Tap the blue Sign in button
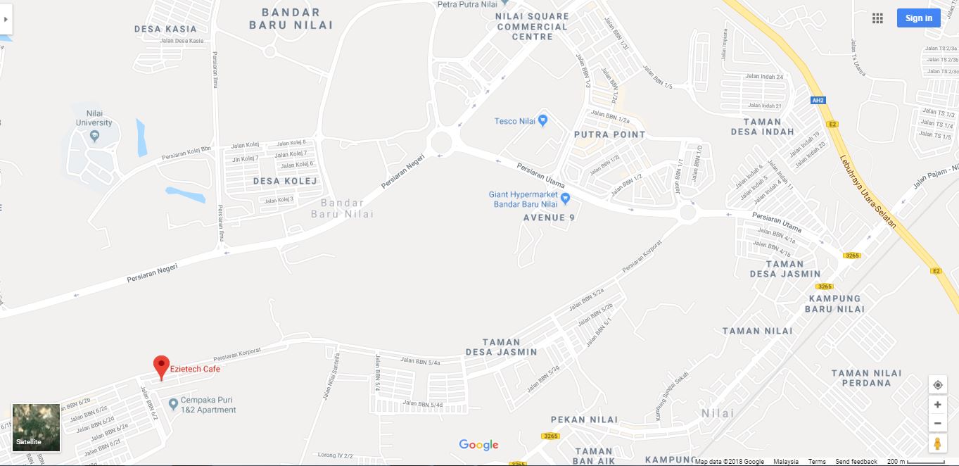pyautogui.click(x=918, y=18)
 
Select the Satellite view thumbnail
pyautogui.click(x=37, y=427)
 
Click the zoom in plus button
pyautogui.click(x=937, y=405)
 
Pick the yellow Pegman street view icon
pyautogui.click(x=937, y=443)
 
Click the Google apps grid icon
pyautogui.click(x=877, y=18)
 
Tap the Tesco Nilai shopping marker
pyautogui.click(x=542, y=120)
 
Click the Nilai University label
pyautogui.click(x=94, y=118)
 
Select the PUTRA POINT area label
pyautogui.click(x=609, y=134)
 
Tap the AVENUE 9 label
pyautogui.click(x=549, y=218)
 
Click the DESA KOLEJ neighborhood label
pyautogui.click(x=285, y=181)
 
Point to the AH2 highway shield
pyautogui.click(x=817, y=100)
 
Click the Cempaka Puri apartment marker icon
pyautogui.click(x=174, y=404)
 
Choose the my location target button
pyautogui.click(x=937, y=385)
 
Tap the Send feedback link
pyautogui.click(x=856, y=462)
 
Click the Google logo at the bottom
pyautogui.click(x=478, y=445)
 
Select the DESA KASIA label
pyautogui.click(x=165, y=29)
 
